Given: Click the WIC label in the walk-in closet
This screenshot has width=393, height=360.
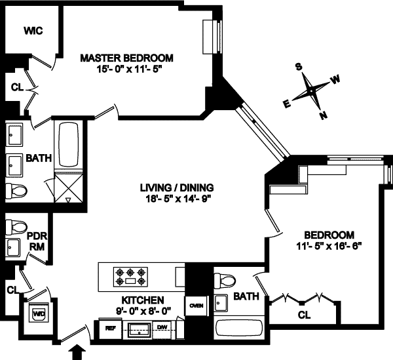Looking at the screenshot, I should click(33, 31).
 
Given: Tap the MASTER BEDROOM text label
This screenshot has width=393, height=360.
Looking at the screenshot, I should click(126, 57).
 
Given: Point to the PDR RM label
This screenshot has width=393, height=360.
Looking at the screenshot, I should click(35, 241).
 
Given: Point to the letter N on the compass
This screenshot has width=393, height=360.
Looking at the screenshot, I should click(322, 116).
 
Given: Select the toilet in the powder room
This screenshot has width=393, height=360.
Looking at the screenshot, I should click(16, 226).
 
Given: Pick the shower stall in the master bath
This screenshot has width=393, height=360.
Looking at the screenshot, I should click(68, 188).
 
